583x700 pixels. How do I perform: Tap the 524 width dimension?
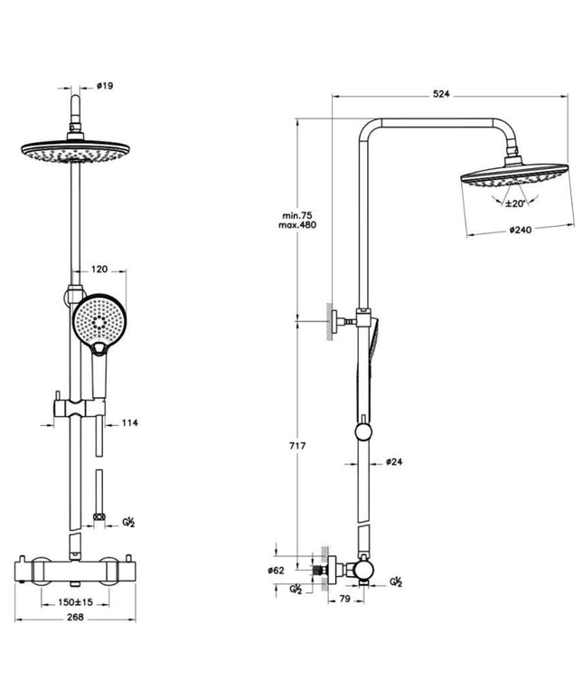coord(441,93)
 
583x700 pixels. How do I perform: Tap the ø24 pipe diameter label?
coord(393,461)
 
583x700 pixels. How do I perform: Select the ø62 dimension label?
coord(277,571)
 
